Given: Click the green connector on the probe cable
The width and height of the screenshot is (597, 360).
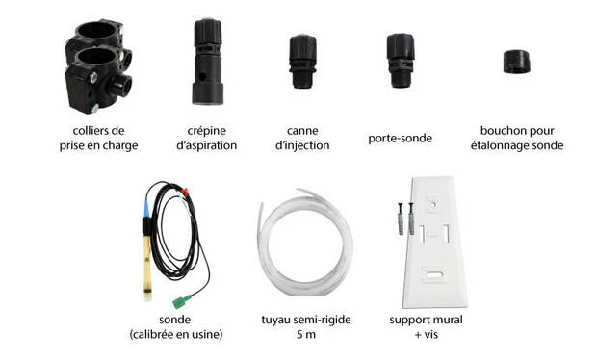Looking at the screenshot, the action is pos(182,301).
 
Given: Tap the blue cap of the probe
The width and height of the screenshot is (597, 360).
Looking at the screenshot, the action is pos(146,209).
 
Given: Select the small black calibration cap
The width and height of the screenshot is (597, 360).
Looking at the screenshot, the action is pos(516,62).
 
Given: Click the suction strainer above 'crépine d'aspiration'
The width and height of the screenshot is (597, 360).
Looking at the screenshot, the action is pos(207,62).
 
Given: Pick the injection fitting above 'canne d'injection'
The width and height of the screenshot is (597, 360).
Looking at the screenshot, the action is pos(302,62).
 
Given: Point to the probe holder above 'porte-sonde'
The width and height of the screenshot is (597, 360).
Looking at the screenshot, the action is pos(401,61).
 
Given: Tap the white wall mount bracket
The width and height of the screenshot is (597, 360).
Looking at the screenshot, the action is pos(435,242).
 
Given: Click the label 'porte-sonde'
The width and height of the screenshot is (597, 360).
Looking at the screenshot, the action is pos(401,139).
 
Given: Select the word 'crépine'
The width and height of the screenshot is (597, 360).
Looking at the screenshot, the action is pos(207,131).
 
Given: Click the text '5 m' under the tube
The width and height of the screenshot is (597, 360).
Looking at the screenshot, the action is pos(306,335).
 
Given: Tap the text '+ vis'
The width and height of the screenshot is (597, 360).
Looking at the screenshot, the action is pos(427,335).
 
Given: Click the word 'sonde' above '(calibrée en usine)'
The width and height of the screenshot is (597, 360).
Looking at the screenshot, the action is pos(175,320).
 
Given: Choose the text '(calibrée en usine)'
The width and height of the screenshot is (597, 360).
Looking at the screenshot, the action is pos(176,335).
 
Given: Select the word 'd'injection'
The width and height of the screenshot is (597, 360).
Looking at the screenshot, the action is pos(302,145).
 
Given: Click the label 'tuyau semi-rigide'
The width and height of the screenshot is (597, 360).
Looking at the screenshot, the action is pos(306,320).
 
